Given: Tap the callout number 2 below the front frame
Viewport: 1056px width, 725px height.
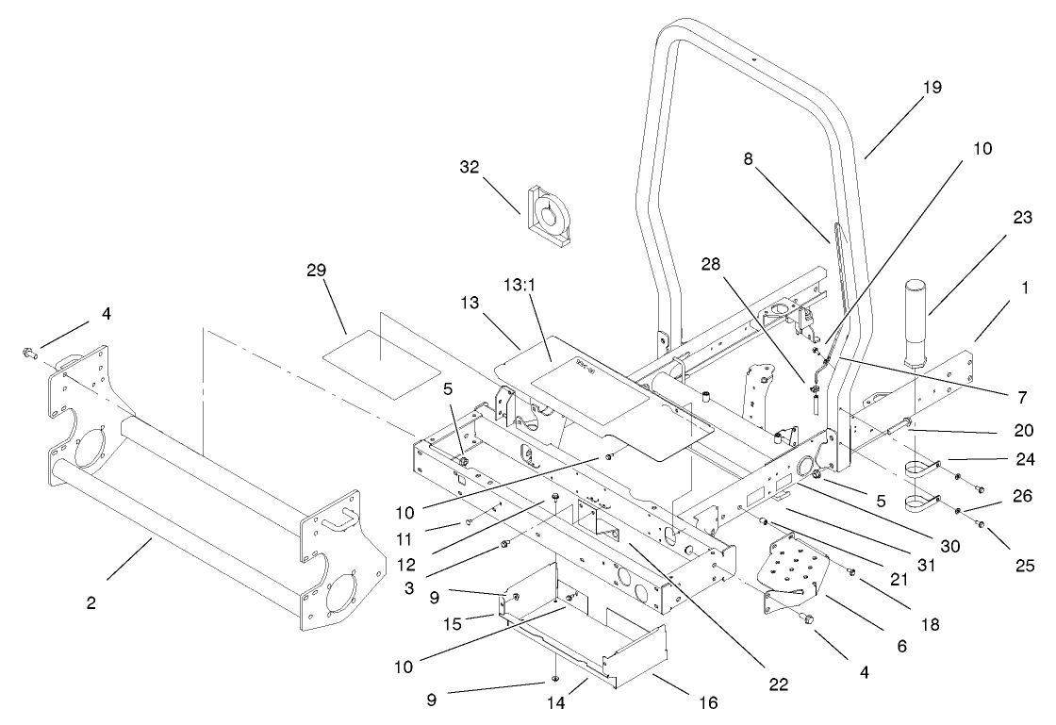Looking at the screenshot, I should point(91,602).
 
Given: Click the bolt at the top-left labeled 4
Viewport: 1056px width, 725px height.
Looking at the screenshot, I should point(28,354).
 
